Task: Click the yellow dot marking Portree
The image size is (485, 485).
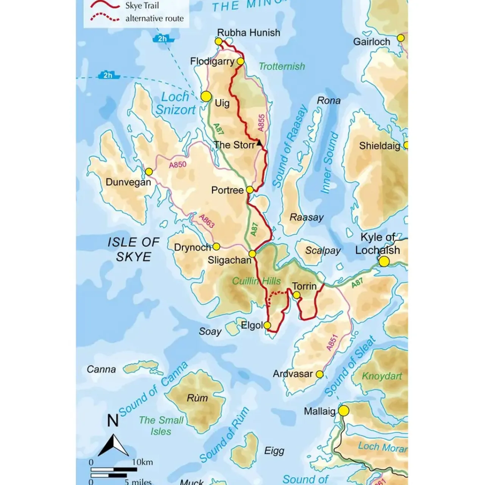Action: [250, 189]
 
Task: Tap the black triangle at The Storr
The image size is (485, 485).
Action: [259, 143]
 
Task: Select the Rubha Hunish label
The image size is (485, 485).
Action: [249, 33]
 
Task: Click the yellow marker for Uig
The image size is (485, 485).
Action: [206, 96]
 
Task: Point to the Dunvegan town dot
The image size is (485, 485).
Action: [149, 172]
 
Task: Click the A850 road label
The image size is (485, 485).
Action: [178, 165]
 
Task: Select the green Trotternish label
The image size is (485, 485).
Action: [282, 66]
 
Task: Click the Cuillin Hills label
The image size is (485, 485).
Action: [257, 281]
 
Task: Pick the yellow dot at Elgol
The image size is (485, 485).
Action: [267, 325]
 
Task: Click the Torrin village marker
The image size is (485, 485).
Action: [297, 295]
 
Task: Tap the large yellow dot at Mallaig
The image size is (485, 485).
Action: [344, 411]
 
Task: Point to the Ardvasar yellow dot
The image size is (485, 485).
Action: [319, 374]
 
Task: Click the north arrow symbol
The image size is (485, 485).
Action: [113, 445]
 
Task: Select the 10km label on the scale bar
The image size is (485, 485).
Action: [142, 462]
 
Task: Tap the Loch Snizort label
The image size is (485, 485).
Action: [175, 103]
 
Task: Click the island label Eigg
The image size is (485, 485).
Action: [274, 451]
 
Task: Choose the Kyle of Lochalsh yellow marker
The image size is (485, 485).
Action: [384, 261]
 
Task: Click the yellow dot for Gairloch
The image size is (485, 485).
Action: [401, 38]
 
